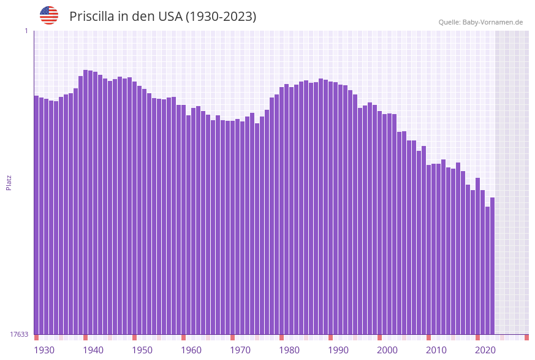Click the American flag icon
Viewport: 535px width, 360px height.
pyautogui.click(x=49, y=15)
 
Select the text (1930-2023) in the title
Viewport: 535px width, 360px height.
pyautogui.click(x=221, y=17)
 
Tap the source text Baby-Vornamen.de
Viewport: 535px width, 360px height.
pyautogui.click(x=492, y=22)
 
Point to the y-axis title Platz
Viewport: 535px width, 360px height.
pyautogui.click(x=9, y=182)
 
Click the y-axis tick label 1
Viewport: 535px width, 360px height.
pyautogui.click(x=26, y=31)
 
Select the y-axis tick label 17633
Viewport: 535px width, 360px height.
pyautogui.click(x=19, y=334)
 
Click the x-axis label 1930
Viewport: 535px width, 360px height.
pyautogui.click(x=44, y=350)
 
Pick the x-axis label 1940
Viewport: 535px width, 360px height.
pyautogui.click(x=93, y=350)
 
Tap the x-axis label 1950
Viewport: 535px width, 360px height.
pyautogui.click(x=142, y=350)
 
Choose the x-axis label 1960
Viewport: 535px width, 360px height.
pyautogui.click(x=191, y=350)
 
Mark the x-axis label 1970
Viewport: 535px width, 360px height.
pyautogui.click(x=240, y=350)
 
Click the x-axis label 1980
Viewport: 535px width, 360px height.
pyautogui.click(x=289, y=350)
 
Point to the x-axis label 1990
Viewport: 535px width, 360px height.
pyautogui.click(x=338, y=350)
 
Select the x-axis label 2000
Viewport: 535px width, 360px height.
pyautogui.click(x=387, y=350)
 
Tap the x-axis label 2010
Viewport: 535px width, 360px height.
pyautogui.click(x=436, y=350)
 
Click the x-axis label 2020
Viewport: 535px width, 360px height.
pyautogui.click(x=485, y=350)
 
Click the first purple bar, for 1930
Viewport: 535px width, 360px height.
pyautogui.click(x=36, y=215)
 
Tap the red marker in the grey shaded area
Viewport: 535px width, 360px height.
pyautogui.click(x=526, y=337)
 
